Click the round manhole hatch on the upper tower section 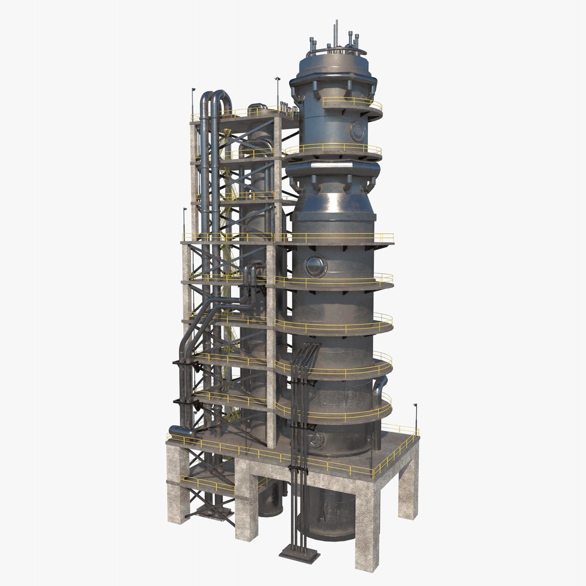358,131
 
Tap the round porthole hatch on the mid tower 315,266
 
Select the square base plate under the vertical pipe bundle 300,554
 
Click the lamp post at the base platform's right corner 416,418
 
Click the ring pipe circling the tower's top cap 336,52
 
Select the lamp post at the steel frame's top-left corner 193,103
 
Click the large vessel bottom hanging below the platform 328,515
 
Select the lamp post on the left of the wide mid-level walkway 184,222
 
